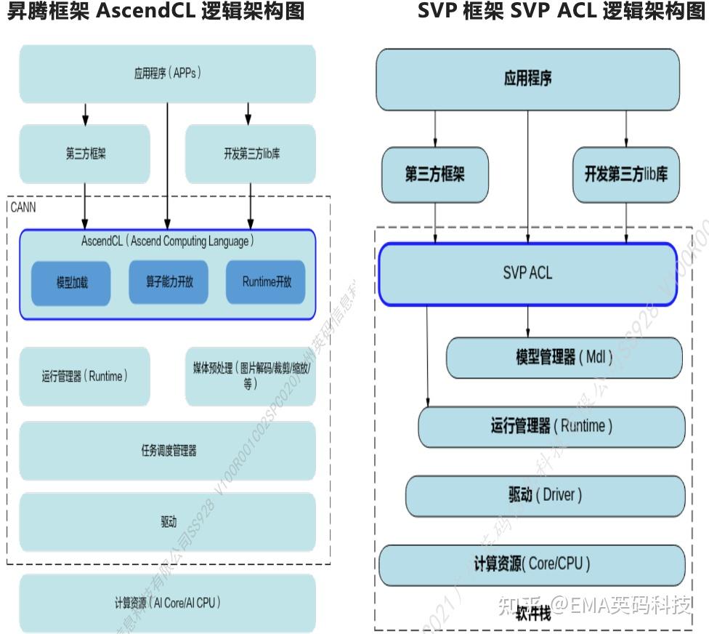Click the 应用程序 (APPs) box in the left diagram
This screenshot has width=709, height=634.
click(167, 73)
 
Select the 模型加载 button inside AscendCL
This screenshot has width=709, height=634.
click(72, 282)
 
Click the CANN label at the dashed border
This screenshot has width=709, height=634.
click(23, 207)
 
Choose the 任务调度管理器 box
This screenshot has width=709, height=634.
click(167, 450)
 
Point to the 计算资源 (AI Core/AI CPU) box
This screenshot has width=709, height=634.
click(167, 603)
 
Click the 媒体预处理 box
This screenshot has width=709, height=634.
click(251, 377)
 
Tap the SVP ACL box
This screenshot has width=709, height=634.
click(527, 273)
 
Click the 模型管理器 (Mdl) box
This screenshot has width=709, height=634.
click(564, 358)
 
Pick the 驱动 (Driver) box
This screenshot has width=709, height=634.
click(545, 496)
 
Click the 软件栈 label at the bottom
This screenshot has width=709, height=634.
click(533, 614)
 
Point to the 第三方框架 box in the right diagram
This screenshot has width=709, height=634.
click(435, 174)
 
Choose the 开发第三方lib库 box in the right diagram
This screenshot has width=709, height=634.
click(625, 174)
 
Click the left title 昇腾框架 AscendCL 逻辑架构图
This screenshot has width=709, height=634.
click(155, 12)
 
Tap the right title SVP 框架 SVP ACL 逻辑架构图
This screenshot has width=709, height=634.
click(562, 12)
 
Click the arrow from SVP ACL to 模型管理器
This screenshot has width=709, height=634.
click(528, 320)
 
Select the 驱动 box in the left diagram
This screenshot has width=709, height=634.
click(167, 521)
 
